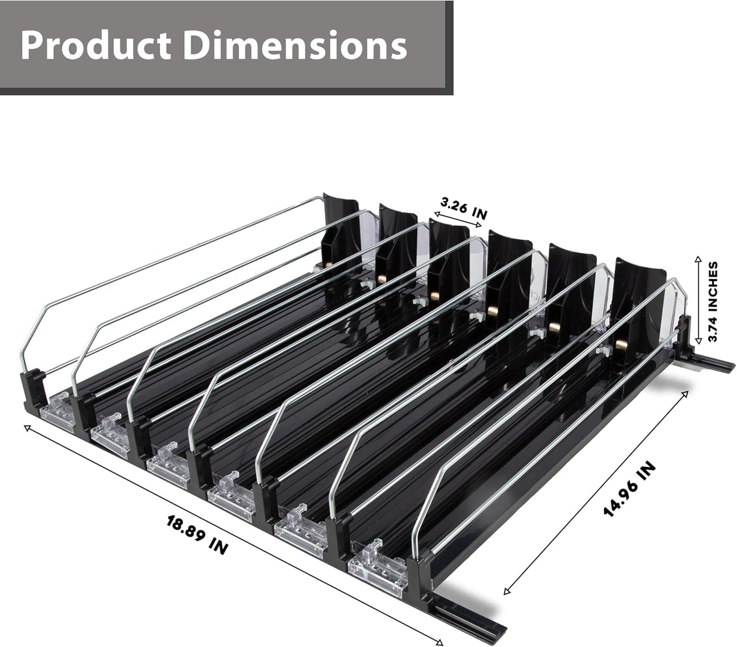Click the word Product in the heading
[95, 46]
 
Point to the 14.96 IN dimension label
[629, 489]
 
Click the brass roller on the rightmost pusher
[621, 346]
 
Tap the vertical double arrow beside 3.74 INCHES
[697, 301]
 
